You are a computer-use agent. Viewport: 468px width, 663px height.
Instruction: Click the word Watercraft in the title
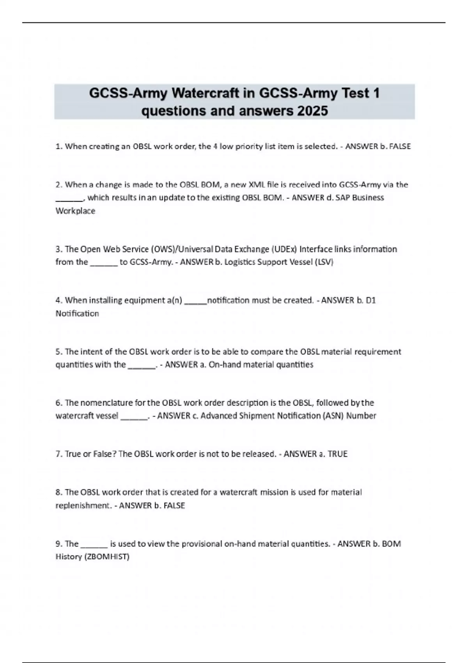click(205, 94)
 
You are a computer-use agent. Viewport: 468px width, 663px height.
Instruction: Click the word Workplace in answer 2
click(75, 211)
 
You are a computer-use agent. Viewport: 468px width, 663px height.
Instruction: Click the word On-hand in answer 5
click(223, 365)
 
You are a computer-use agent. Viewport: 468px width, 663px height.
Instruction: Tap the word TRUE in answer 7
click(337, 454)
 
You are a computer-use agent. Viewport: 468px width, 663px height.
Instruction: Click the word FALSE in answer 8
click(174, 505)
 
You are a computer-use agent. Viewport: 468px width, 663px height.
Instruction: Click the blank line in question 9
click(94, 545)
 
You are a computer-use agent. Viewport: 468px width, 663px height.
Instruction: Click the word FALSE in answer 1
click(400, 147)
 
